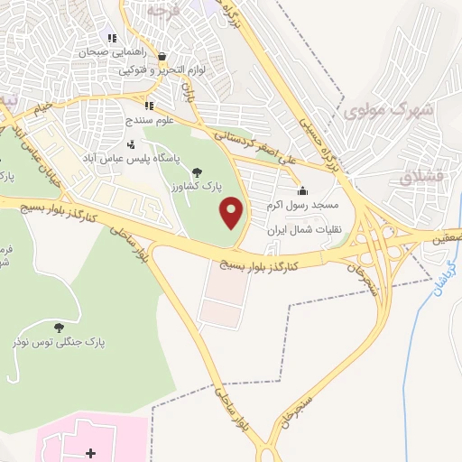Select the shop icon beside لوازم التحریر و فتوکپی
[x=161, y=56]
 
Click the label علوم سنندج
[x=130, y=119]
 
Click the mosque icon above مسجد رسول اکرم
[x=301, y=190]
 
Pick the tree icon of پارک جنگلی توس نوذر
[x=60, y=327]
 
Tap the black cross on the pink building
[x=89, y=451]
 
